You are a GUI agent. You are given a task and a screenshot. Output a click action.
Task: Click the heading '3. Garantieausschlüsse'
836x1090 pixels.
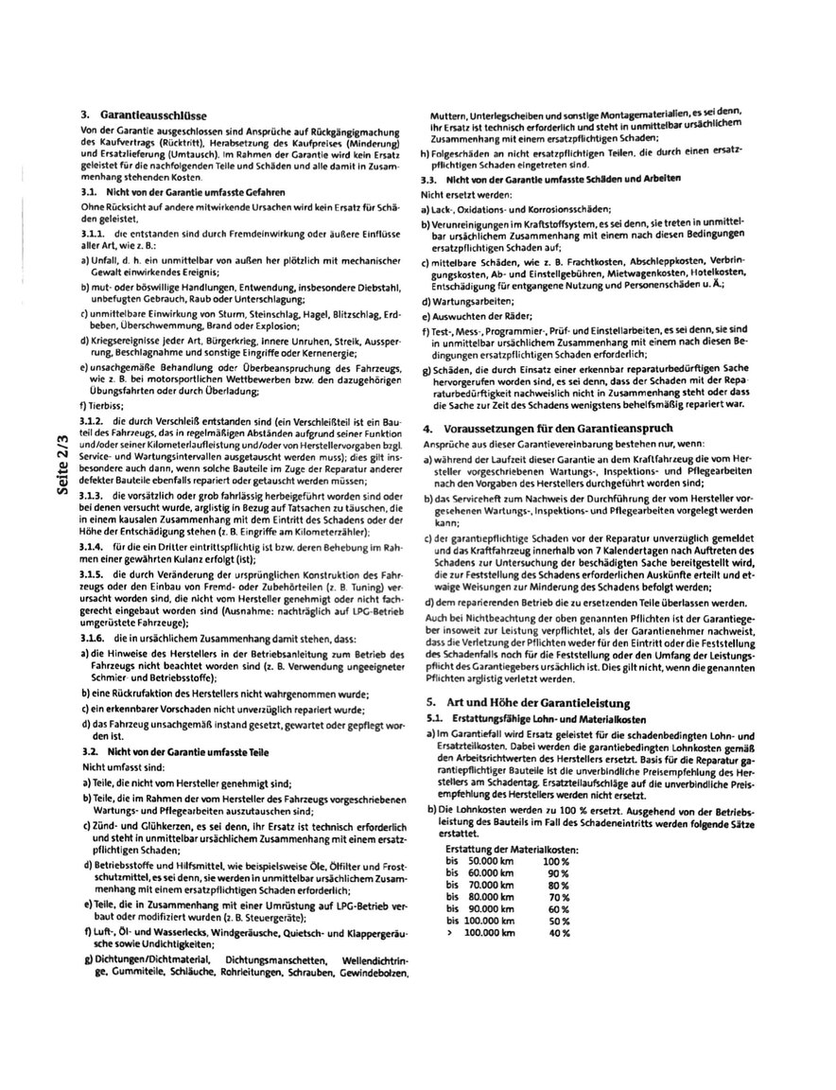coord(144,114)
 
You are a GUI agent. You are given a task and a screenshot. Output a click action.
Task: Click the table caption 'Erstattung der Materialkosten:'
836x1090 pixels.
coord(512,851)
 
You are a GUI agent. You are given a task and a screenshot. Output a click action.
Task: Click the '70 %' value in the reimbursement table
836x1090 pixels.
coord(558,897)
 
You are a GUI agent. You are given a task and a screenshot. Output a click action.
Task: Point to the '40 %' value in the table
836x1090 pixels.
coord(558,933)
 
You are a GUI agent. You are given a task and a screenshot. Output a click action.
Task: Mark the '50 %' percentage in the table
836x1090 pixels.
coord(558,921)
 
